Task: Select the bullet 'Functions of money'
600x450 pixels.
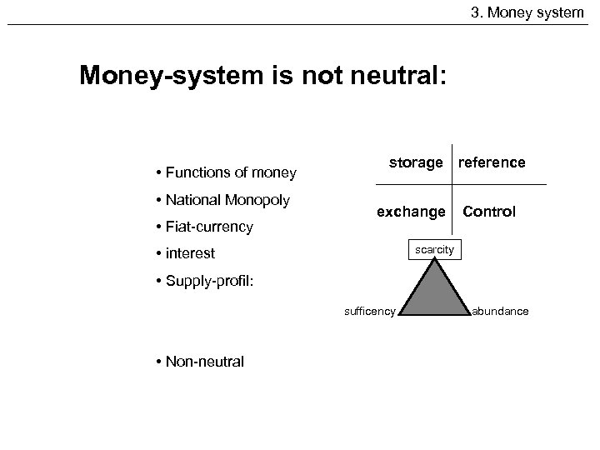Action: click(x=225, y=173)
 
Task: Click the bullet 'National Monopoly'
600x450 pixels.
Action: click(x=222, y=200)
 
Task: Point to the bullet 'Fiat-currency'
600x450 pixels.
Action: click(x=203, y=227)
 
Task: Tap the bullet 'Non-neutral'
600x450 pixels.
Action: click(x=199, y=361)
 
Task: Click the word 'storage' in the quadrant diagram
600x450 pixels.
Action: click(x=416, y=162)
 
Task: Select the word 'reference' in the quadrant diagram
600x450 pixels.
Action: click(x=492, y=162)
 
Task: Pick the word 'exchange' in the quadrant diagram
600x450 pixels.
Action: click(x=411, y=212)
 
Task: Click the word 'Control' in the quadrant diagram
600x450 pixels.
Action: click(x=489, y=212)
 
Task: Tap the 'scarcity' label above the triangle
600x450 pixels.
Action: click(x=434, y=249)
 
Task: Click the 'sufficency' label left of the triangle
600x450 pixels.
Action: click(x=369, y=312)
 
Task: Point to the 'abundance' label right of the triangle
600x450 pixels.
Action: click(x=500, y=312)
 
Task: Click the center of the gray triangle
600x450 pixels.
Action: click(x=434, y=296)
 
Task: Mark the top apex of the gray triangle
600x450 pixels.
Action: click(x=434, y=259)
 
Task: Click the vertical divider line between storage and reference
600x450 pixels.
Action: click(x=451, y=162)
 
